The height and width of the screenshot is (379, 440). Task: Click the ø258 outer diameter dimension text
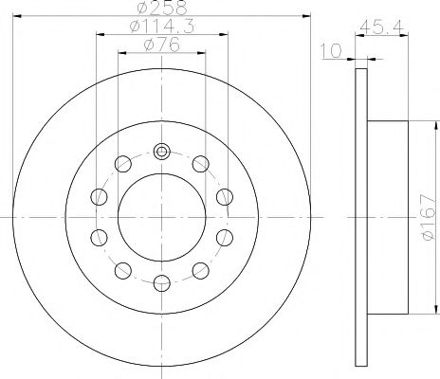[161, 9]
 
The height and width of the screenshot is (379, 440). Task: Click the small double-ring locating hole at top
[161, 153]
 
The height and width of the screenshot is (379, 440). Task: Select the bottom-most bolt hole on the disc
[161, 281]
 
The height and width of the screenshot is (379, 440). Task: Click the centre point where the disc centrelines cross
[161, 217]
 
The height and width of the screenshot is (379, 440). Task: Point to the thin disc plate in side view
[360, 218]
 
